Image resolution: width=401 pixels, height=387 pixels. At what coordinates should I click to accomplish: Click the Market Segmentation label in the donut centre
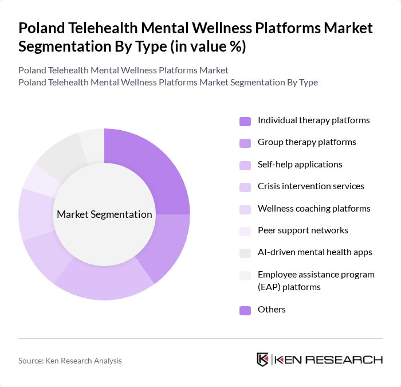[x=104, y=214]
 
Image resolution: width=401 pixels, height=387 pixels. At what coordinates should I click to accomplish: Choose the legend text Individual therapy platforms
[x=313, y=120]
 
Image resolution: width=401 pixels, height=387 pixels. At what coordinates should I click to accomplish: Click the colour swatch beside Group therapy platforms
[x=245, y=143]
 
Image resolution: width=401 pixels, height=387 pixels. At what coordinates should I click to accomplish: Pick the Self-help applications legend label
[x=300, y=165]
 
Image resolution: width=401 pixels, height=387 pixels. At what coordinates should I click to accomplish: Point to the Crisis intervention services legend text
[x=310, y=186]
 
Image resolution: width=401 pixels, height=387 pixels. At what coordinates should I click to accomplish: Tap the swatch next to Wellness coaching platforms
[x=245, y=209]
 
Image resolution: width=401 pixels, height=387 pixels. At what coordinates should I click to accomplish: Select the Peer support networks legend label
[x=302, y=230]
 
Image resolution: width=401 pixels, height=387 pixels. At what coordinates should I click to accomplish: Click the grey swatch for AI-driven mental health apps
[x=245, y=253]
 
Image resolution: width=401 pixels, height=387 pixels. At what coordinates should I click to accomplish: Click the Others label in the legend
[x=272, y=310]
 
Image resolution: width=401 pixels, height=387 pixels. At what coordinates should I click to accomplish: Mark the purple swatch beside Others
[x=245, y=310]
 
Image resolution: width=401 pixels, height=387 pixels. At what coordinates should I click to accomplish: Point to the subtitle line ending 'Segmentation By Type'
[x=168, y=83]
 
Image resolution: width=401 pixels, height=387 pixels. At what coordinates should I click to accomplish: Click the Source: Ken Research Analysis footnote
[x=70, y=361]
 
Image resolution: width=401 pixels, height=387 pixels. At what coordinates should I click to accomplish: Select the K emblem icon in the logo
[x=262, y=359]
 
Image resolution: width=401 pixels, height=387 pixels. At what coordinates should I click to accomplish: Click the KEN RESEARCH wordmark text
[x=329, y=360]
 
